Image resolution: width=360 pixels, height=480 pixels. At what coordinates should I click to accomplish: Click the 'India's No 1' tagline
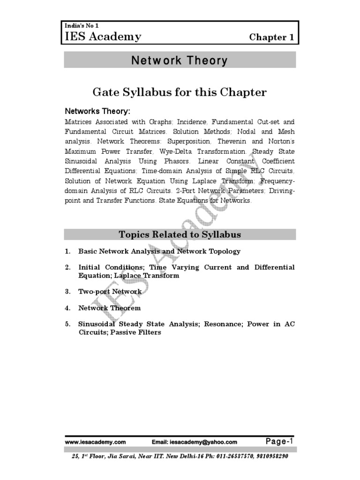78,26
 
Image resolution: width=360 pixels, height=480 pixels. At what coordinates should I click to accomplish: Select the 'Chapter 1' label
271,37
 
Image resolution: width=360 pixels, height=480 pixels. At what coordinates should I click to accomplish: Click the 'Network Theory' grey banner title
180,60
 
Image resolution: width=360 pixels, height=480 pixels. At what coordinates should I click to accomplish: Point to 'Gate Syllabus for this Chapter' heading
180,92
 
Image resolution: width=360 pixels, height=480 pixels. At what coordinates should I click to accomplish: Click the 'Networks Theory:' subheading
97,111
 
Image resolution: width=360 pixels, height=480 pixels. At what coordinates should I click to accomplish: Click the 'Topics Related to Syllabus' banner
180,234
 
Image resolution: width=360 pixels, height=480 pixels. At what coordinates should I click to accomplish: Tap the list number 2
68,267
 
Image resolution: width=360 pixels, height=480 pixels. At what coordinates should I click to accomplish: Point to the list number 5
68,324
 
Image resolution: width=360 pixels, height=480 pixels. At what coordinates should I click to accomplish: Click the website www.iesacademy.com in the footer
96,442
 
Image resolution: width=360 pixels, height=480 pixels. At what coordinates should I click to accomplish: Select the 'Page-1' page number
279,441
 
